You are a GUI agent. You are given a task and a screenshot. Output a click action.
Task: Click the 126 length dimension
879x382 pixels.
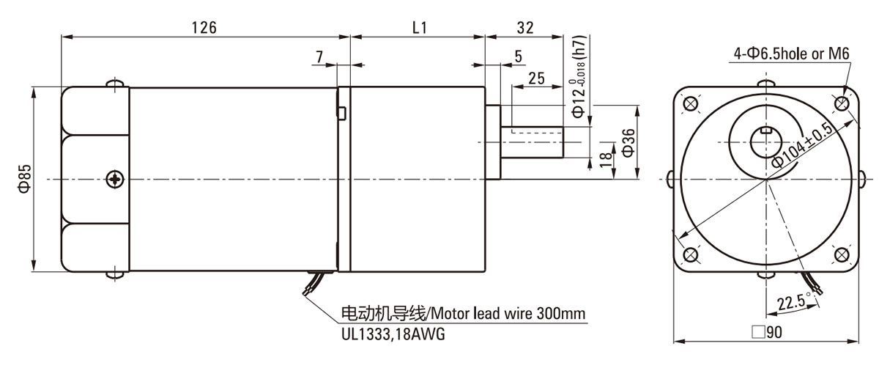[204, 28]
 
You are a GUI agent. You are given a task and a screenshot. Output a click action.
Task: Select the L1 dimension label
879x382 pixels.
[420, 28]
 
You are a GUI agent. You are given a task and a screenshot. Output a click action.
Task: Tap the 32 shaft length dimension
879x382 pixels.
[524, 28]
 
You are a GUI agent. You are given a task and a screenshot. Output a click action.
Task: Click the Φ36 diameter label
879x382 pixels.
[628, 142]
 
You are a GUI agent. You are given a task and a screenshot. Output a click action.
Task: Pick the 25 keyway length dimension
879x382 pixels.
[535, 78]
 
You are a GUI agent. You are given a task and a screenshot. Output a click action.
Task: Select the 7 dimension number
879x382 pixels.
[319, 56]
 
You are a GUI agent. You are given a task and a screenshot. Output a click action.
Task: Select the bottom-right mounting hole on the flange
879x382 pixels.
[842, 254]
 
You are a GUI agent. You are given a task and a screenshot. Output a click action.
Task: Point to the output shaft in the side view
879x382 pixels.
[532, 142]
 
